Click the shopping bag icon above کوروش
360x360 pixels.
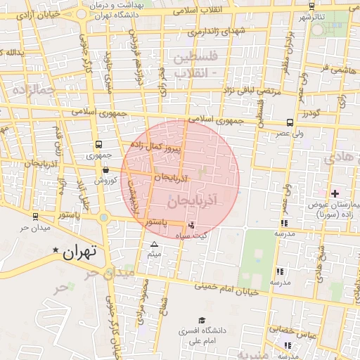point(105,169)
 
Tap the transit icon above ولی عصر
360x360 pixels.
point(291,122)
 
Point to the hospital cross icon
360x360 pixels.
point(335,193)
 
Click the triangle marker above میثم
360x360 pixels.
point(155,244)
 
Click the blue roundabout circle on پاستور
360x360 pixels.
point(103,217)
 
